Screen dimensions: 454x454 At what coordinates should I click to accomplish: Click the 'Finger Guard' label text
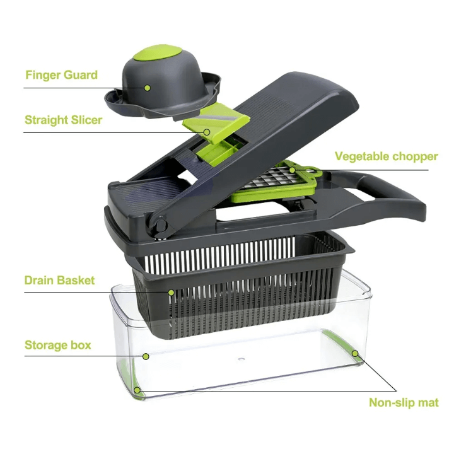click(x=61, y=74)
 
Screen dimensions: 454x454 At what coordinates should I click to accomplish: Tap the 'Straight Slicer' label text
click(x=64, y=120)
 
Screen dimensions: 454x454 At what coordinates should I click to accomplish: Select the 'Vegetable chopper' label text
click(x=387, y=156)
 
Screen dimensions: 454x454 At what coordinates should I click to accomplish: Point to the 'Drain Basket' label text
click(x=59, y=280)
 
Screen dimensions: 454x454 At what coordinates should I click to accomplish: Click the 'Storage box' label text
click(x=58, y=345)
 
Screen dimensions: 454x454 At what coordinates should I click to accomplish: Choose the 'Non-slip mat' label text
click(x=404, y=402)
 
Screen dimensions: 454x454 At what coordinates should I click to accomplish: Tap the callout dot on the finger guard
click(x=148, y=88)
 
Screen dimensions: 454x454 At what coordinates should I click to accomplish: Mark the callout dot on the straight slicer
click(x=207, y=132)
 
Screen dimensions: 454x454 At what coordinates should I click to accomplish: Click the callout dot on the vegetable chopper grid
click(x=293, y=170)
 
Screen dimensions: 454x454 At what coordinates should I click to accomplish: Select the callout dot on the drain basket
click(x=171, y=293)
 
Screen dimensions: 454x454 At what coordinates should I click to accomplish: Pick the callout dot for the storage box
click(x=146, y=356)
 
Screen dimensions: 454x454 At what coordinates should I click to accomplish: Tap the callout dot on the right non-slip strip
click(x=355, y=354)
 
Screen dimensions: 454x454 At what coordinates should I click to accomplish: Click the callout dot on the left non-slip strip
click(x=137, y=390)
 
